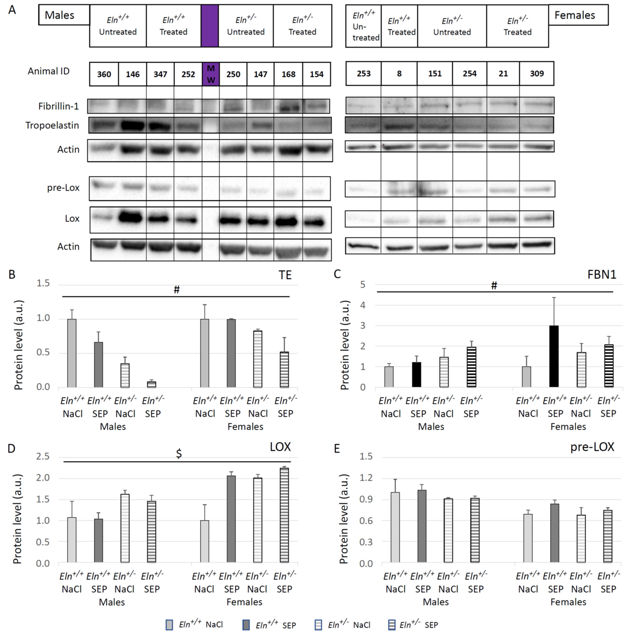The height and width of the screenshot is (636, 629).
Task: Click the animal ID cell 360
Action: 104,74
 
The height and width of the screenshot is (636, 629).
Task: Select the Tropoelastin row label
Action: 52,125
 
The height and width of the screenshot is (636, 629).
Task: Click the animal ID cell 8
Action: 399,73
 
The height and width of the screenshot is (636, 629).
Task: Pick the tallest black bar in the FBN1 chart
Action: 554,356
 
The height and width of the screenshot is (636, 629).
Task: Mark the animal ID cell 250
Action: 233,74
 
